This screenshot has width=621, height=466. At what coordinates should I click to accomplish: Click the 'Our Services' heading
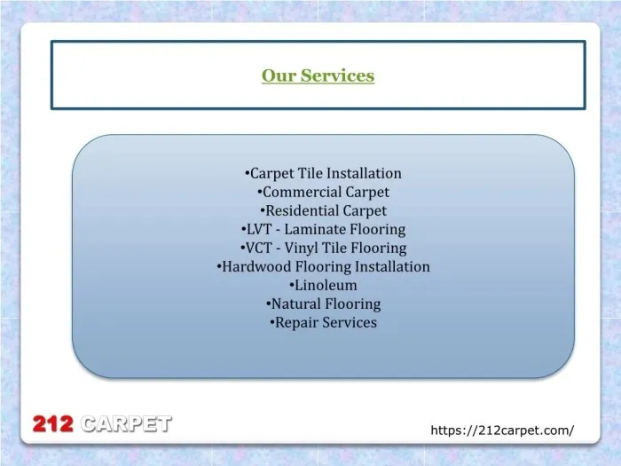(x=318, y=76)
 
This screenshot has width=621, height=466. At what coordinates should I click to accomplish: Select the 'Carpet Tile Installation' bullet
(x=323, y=173)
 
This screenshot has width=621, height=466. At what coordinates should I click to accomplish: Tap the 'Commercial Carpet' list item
(x=323, y=192)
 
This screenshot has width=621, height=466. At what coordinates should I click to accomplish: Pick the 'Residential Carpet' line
(x=323, y=210)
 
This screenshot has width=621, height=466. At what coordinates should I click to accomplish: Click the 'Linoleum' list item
(x=323, y=285)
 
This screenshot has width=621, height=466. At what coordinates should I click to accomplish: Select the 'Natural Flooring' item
(x=323, y=304)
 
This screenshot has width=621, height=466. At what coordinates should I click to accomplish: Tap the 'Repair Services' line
(x=323, y=322)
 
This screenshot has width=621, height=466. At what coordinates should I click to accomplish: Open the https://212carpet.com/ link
(x=501, y=430)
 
